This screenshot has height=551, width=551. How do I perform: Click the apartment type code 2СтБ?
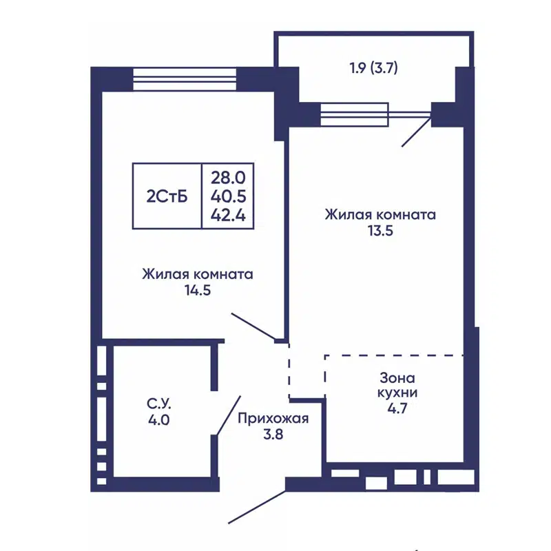pos(167,196)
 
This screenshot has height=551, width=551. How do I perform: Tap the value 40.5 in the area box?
pos(228,196)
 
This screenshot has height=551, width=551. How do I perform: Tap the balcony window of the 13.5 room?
pos(355,115)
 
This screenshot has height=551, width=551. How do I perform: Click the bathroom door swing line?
pos(229,415)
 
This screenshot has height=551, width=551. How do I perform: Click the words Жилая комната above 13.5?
pos(380,215)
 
